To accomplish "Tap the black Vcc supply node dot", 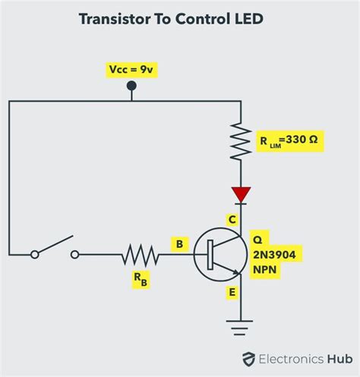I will (x=131, y=87).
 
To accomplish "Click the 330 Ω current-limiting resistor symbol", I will (x=241, y=140).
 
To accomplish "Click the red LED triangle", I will (x=241, y=195).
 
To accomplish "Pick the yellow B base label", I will (x=179, y=244).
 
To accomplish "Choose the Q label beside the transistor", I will (x=257, y=236).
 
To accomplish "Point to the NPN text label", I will (x=265, y=269).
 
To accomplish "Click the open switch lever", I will (x=54, y=245).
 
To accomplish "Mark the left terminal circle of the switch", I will (x=34, y=255).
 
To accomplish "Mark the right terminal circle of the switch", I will (x=75, y=255).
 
